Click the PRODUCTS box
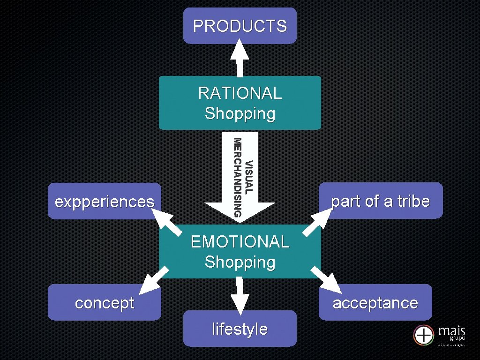click(240, 26)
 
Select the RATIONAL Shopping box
click(240, 103)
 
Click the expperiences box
click(104, 202)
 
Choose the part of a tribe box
click(381, 201)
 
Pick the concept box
click(104, 303)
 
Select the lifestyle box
click(240, 329)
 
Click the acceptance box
click(375, 303)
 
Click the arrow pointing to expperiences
click(166, 221)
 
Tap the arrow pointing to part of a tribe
click(317, 221)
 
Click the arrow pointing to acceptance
click(327, 280)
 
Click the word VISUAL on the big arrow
click(249, 177)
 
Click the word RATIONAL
click(240, 93)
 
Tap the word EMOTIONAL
click(240, 242)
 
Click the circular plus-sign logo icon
click(424, 336)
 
